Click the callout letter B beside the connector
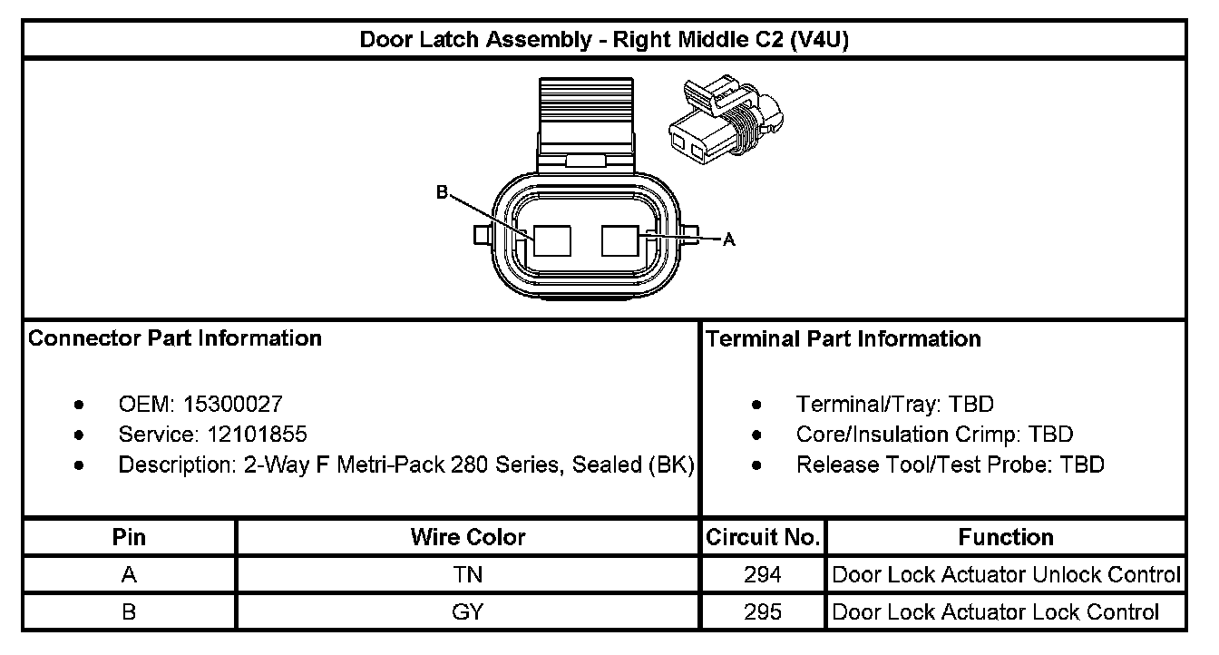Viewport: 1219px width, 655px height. click(442, 192)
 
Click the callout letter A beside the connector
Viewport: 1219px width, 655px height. click(728, 240)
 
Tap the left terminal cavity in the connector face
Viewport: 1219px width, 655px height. click(552, 241)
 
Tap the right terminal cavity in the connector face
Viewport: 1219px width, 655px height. click(621, 241)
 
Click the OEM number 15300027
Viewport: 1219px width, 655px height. click(233, 404)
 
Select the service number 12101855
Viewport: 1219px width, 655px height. click(250, 434)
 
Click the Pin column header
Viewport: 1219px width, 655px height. click(129, 537)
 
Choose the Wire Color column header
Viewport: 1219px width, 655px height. click(468, 537)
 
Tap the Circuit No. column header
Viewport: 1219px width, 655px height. click(763, 537)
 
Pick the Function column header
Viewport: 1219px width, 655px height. click(1006, 537)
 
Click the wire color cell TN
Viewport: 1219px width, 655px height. click(468, 574)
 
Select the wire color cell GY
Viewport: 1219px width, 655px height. click(468, 611)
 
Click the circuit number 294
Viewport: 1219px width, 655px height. click(763, 574)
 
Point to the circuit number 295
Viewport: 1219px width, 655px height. click(763, 611)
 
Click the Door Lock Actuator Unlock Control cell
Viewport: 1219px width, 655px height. click(1006, 574)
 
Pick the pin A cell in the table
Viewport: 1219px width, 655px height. click(129, 574)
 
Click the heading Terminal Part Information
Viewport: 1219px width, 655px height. click(844, 338)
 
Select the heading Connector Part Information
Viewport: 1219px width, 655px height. click(175, 338)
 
